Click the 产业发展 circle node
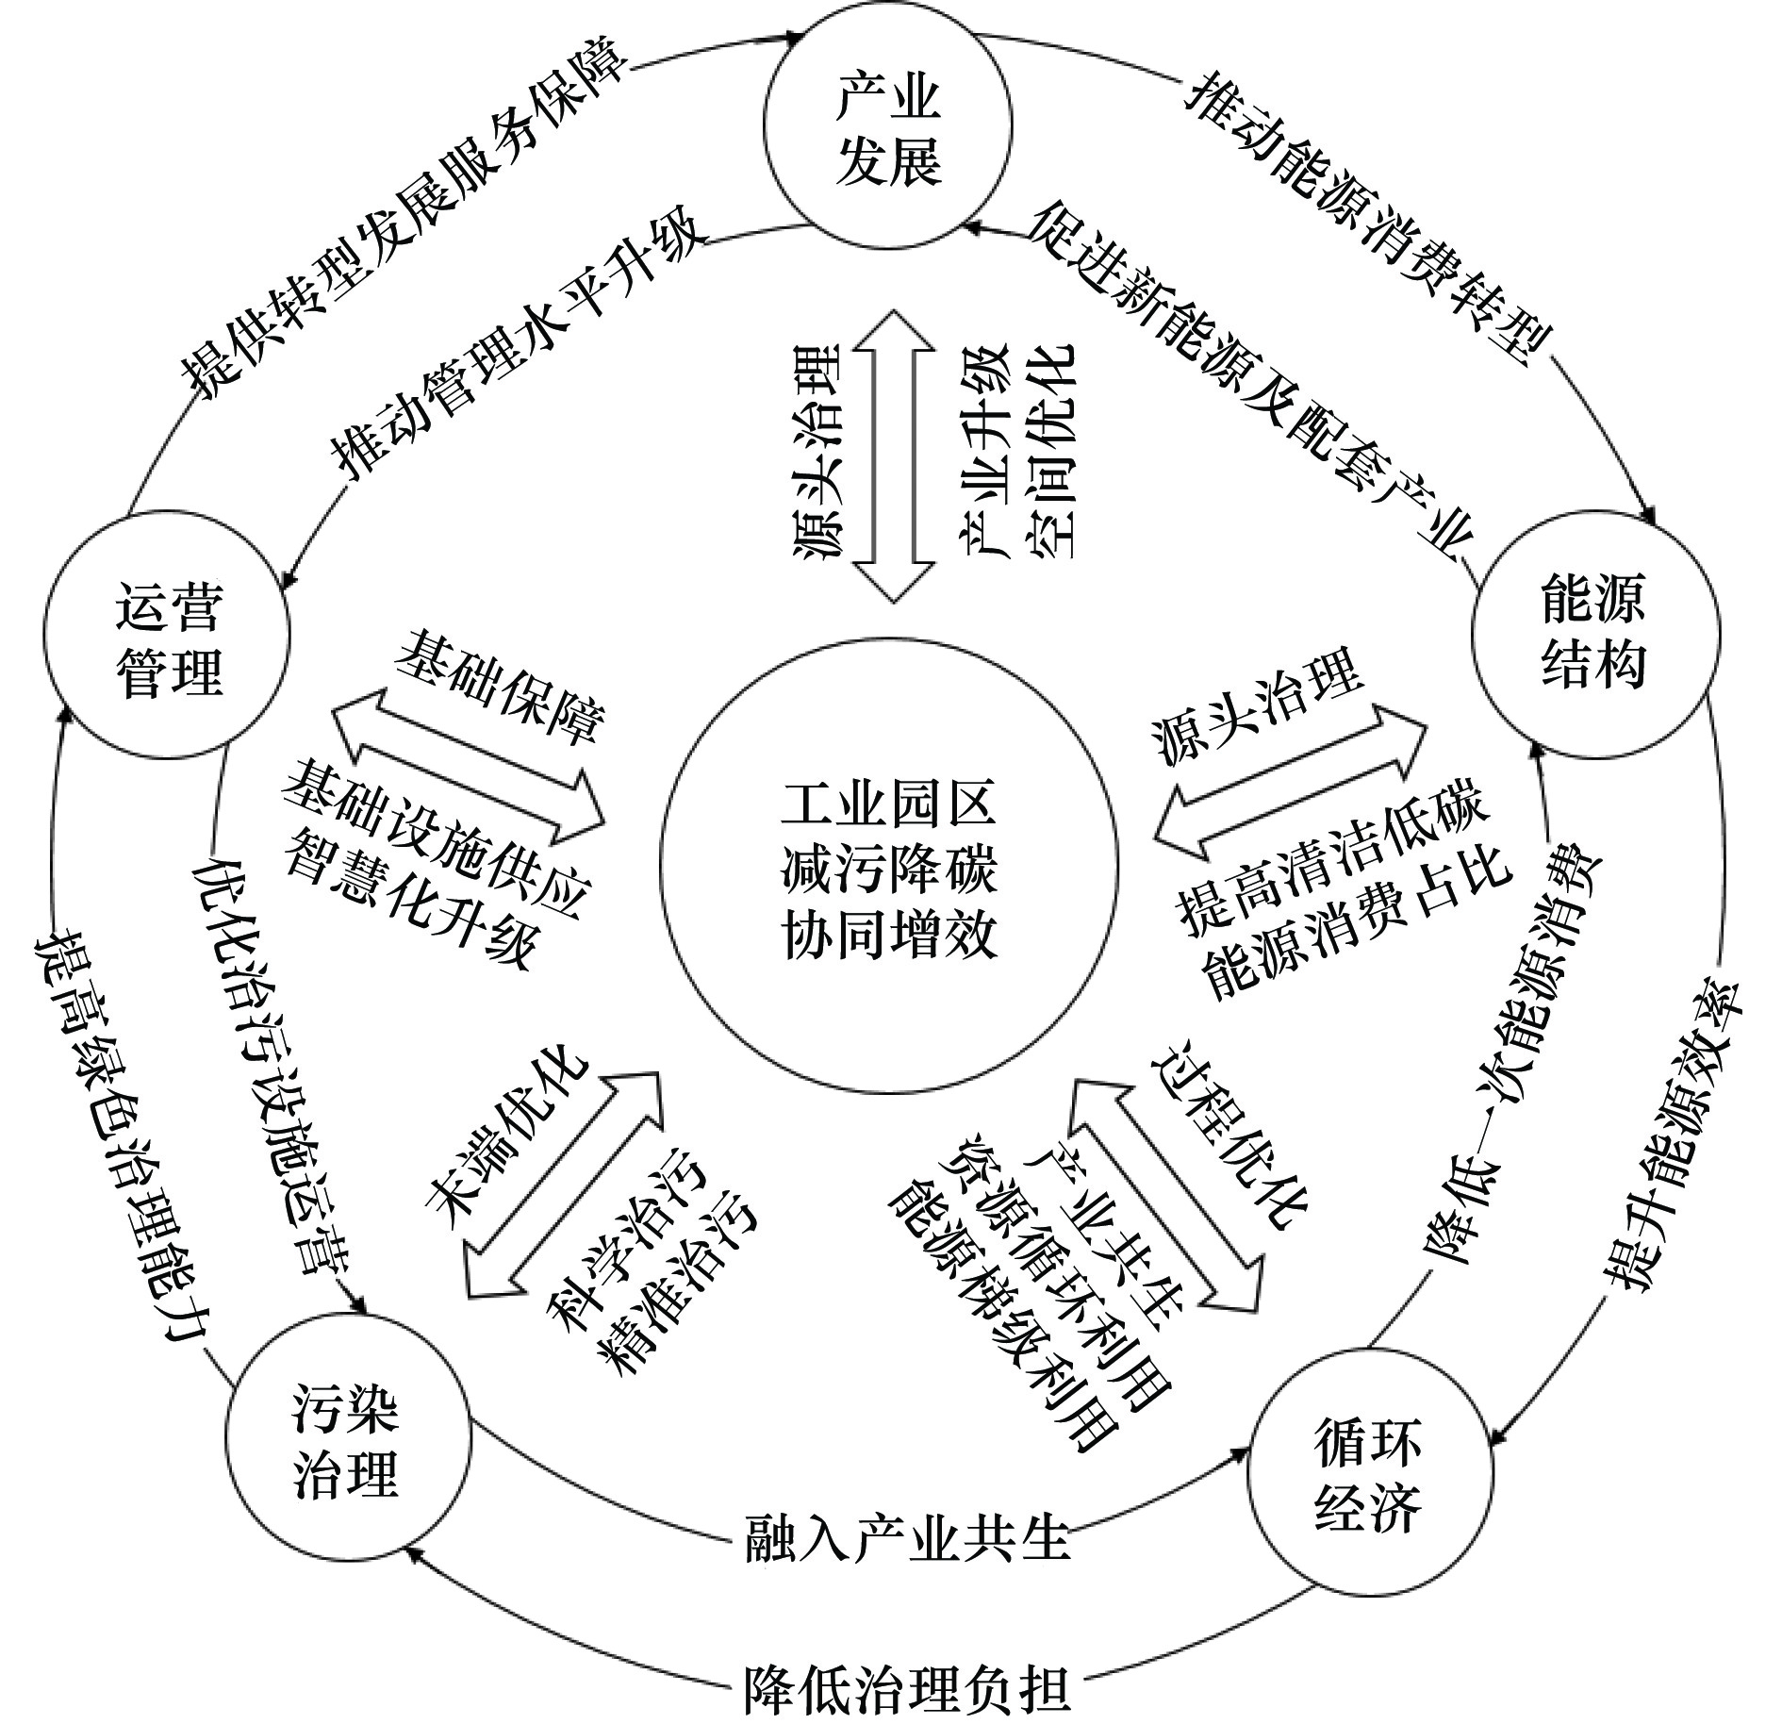[887, 125]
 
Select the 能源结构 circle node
[1596, 634]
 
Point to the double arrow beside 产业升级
[894, 456]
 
